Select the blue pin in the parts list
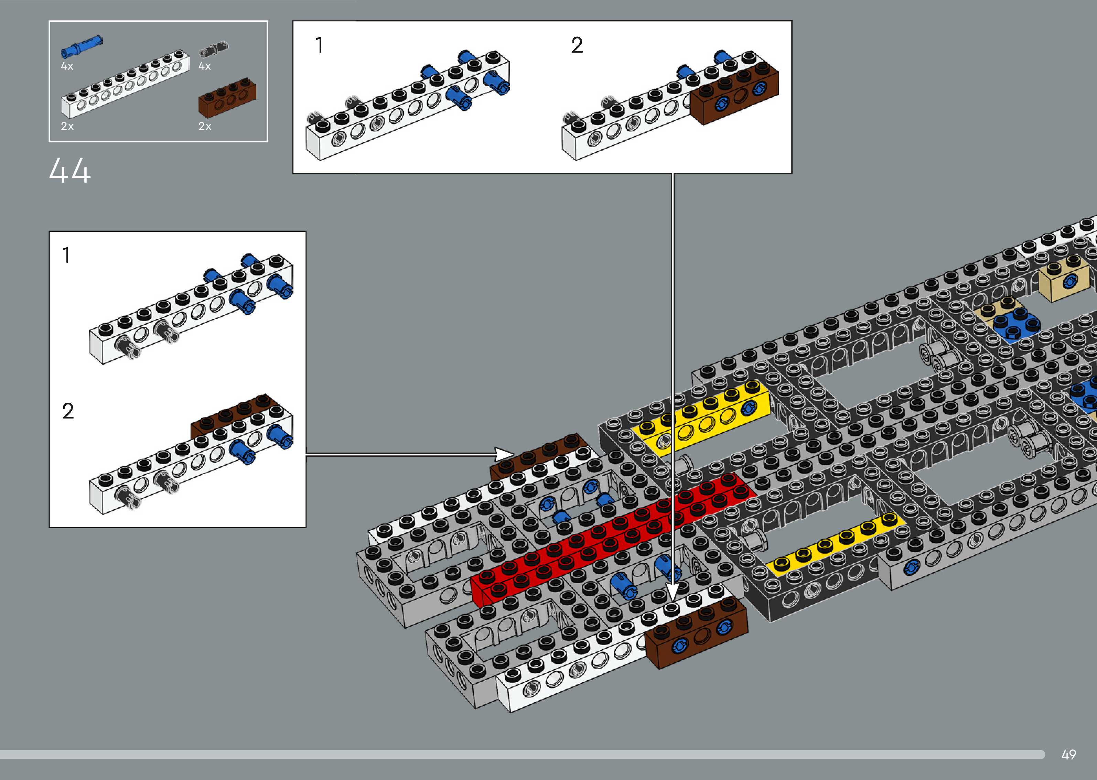81,46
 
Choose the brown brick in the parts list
227,98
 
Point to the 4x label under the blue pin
67,66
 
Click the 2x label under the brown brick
205,126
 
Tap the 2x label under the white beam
67,126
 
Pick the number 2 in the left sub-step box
68,411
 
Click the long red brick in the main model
610,538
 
